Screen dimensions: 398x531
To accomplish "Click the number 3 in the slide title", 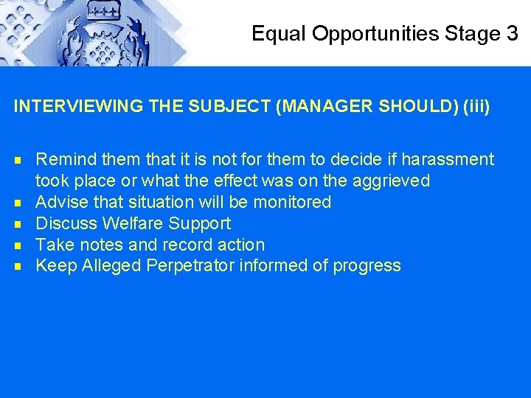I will pos(512,33).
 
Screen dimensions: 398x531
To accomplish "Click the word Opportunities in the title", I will pos(377,34).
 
